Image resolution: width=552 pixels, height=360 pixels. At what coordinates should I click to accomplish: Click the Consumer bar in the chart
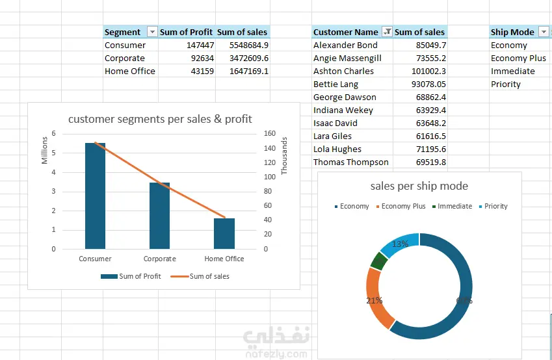[95, 196]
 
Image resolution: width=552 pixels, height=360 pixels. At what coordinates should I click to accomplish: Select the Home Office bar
[224, 233]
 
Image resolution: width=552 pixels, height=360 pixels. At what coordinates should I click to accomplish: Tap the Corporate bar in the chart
[159, 216]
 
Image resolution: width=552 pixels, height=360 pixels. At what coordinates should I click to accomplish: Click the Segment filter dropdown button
[152, 32]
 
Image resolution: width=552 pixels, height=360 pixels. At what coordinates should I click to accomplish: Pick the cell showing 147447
[200, 45]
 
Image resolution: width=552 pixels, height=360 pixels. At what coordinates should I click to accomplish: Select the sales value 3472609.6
[249, 58]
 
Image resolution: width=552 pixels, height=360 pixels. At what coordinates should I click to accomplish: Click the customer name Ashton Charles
[343, 71]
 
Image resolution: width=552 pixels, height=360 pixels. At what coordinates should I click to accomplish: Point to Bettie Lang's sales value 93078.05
[428, 84]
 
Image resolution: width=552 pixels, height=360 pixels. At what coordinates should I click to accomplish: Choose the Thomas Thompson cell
[351, 162]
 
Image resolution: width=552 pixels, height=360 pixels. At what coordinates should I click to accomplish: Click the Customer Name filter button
[387, 32]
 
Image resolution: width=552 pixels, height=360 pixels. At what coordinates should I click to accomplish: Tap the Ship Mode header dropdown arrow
[544, 32]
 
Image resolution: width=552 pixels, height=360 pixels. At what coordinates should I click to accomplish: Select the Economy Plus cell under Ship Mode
[518, 58]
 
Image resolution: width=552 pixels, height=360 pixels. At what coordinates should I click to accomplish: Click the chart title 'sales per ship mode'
[419, 186]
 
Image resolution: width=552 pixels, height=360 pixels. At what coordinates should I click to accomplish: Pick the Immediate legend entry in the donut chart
[452, 206]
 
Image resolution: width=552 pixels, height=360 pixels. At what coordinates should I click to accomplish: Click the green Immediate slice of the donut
[379, 261]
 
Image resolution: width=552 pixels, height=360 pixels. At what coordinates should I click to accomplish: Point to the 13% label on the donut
[401, 244]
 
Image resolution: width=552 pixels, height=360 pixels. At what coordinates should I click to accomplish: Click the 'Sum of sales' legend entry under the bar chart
[200, 276]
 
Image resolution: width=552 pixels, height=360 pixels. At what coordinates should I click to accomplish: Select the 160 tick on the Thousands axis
[270, 133]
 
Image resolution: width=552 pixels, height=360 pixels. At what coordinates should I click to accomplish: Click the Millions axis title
[44, 150]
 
